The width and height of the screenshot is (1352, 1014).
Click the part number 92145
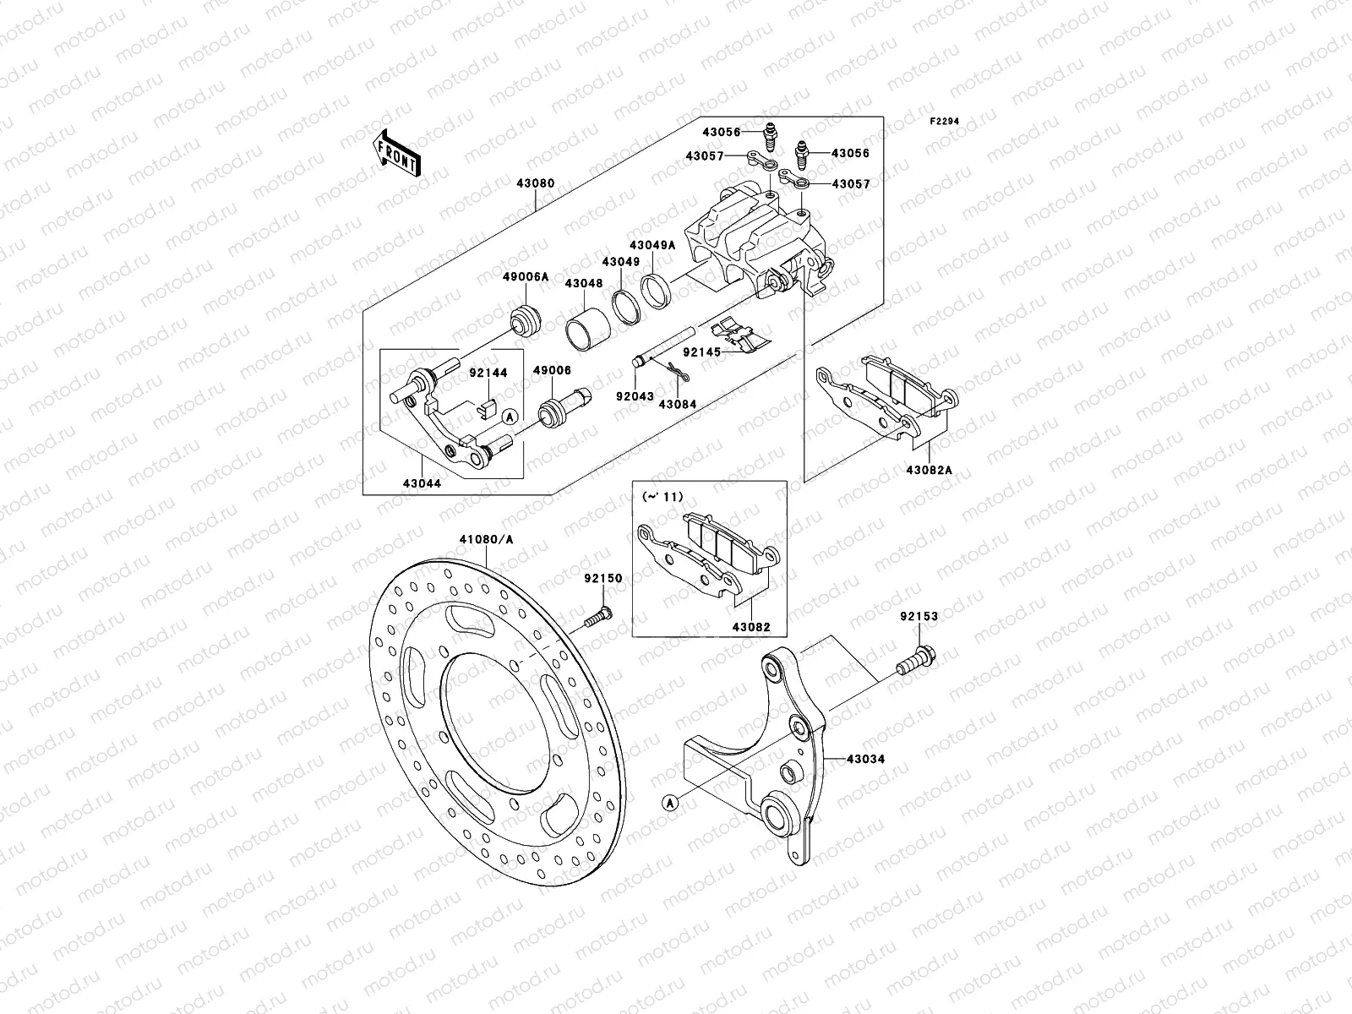point(701,352)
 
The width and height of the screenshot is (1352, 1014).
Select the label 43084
point(677,404)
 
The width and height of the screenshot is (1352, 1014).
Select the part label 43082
point(751,628)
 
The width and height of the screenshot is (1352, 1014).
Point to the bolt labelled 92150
point(597,619)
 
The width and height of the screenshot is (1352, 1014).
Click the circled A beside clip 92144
point(510,417)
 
